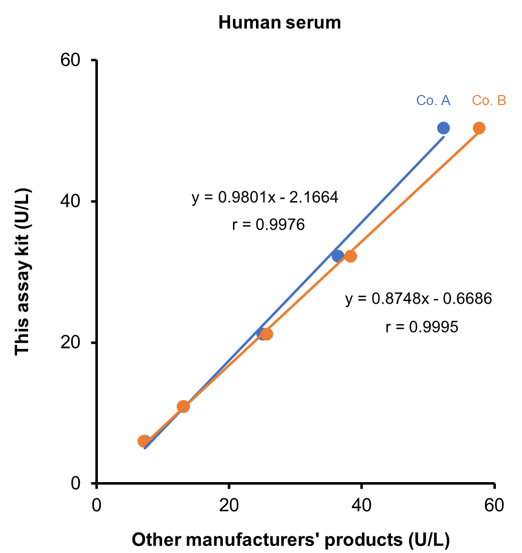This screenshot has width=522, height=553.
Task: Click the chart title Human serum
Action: click(280, 23)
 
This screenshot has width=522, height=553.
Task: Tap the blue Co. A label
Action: click(433, 101)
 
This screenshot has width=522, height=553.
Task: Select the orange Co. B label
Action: click(488, 101)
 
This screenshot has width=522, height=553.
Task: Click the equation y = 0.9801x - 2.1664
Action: click(265, 198)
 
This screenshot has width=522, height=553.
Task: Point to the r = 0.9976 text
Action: click(269, 225)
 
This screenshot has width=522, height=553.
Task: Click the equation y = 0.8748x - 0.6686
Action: click(419, 299)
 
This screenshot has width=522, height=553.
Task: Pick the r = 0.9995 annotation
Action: click(422, 327)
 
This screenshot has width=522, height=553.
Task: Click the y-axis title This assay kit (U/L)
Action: click(23, 271)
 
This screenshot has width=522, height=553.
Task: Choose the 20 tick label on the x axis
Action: click(228, 504)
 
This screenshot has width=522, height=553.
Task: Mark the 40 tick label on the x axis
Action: click(361, 504)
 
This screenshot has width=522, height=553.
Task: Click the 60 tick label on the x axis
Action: click(494, 504)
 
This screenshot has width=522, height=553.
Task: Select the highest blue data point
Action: click(443, 128)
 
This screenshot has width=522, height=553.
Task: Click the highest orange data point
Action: click(479, 128)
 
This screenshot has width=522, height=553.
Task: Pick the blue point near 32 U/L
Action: click(338, 256)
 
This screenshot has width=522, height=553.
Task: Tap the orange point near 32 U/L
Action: click(351, 256)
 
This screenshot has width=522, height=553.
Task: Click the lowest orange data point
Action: click(144, 441)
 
